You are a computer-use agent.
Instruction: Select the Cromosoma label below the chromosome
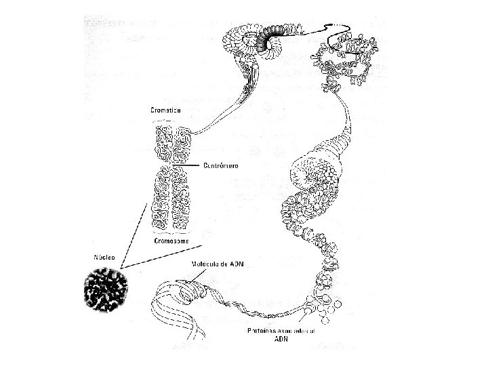[170, 240]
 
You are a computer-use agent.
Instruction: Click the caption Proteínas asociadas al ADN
[280, 335]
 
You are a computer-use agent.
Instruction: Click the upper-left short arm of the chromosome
[162, 143]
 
